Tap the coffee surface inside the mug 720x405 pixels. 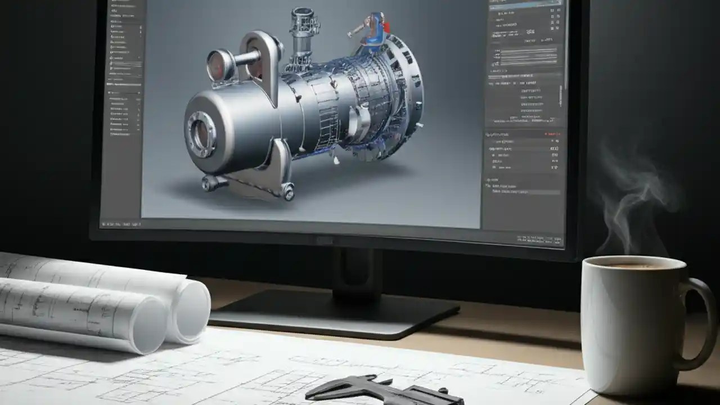pos(632,264)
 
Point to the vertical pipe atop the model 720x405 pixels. pos(302,34)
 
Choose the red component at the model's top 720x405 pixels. pos(386,26)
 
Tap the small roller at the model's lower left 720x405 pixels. pos(209,182)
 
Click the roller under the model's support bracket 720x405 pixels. pos(288,193)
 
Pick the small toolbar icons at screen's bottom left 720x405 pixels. pos(121,224)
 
